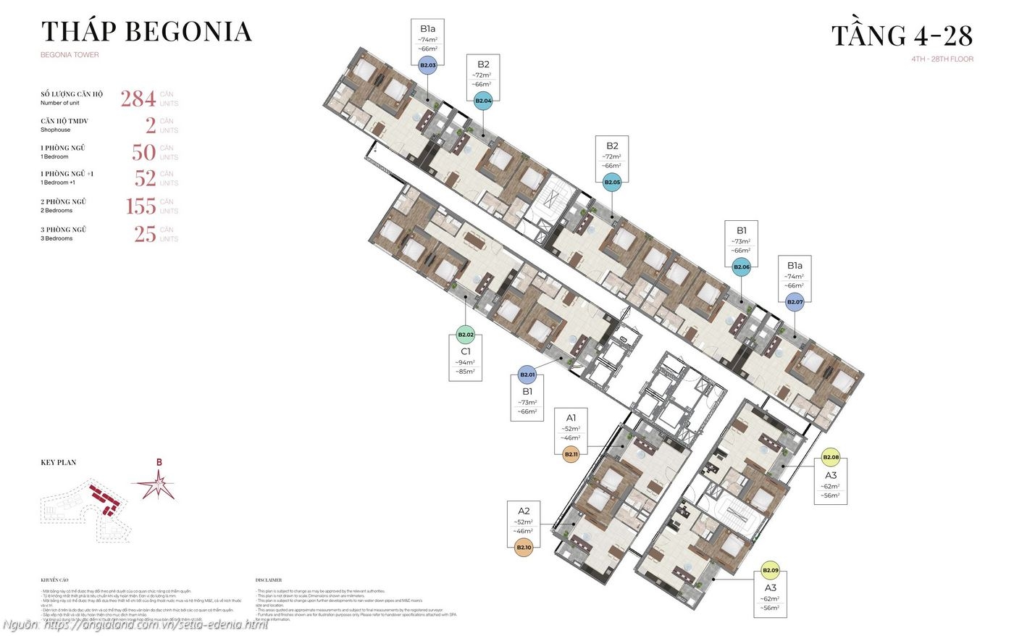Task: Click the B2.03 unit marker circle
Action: (x=427, y=65)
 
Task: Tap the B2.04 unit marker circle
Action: (x=483, y=101)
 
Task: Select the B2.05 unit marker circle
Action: (x=613, y=183)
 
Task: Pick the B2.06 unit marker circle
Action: (x=742, y=267)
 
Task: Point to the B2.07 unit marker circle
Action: (x=795, y=302)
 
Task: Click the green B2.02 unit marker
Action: (x=466, y=335)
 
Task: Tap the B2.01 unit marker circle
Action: (x=527, y=375)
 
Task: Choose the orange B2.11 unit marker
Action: (x=571, y=454)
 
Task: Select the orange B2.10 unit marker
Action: (x=524, y=548)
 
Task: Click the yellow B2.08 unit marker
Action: (x=831, y=457)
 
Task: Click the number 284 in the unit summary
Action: (x=138, y=99)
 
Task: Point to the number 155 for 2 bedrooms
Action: (x=141, y=206)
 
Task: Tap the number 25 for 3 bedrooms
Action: (x=145, y=234)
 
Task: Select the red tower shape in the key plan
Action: (x=104, y=498)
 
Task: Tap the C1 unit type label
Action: (x=466, y=351)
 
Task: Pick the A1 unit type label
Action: (x=571, y=417)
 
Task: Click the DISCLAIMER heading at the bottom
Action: (x=269, y=580)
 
